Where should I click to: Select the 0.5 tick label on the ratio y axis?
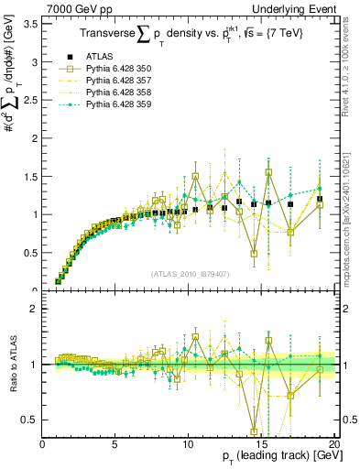(x=29, y=420)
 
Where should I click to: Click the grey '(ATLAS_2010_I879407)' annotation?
(x=190, y=274)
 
